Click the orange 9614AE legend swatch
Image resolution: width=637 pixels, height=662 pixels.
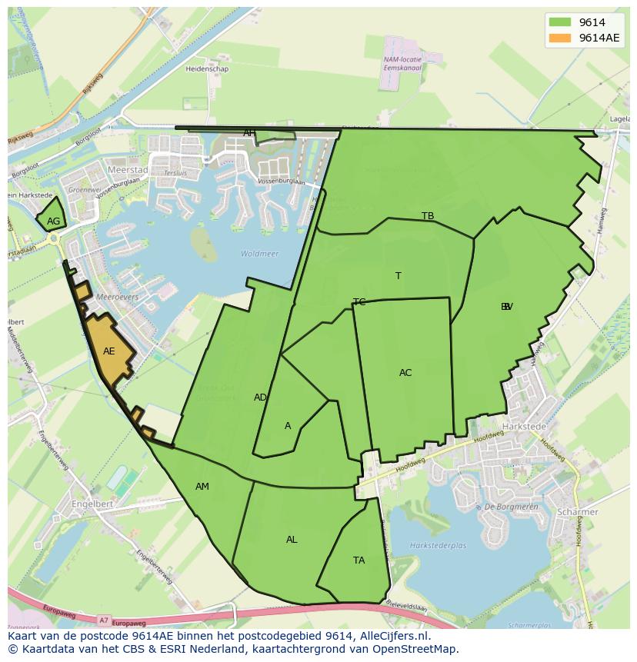560,38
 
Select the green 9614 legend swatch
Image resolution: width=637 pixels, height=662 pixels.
560,22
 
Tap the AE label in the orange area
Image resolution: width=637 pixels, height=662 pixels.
109,351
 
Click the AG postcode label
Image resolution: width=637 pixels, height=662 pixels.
53,221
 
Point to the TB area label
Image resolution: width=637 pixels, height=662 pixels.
428,216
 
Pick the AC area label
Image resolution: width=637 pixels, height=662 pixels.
405,373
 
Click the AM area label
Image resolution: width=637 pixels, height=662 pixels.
202,487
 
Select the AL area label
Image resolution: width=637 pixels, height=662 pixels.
292,540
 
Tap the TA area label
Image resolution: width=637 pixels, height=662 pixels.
359,561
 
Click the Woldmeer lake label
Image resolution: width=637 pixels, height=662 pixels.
259,254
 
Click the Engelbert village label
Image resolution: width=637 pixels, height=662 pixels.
92,504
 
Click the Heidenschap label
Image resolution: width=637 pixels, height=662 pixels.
206,68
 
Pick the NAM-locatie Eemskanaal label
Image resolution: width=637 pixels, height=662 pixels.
402,63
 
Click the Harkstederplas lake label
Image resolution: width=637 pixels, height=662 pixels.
439,546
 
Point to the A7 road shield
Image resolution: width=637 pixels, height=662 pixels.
104,620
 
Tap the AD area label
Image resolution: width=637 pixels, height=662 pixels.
260,398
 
